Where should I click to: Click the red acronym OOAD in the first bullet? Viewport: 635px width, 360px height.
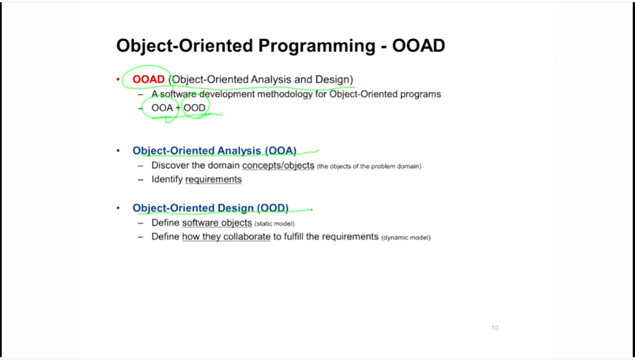(x=148, y=79)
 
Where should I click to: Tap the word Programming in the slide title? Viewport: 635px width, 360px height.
(x=317, y=46)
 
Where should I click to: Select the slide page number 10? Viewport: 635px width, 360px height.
(x=495, y=328)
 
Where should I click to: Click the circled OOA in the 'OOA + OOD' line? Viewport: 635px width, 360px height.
(x=162, y=108)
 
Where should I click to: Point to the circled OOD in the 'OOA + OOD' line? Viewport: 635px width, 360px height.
(x=194, y=108)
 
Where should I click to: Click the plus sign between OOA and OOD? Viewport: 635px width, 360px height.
(x=178, y=108)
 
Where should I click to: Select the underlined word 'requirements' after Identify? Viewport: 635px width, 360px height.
(x=214, y=179)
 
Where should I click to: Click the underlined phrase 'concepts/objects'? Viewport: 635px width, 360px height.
(x=278, y=166)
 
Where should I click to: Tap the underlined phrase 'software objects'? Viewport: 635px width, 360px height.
(x=217, y=223)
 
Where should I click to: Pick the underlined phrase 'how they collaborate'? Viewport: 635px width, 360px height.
(x=227, y=236)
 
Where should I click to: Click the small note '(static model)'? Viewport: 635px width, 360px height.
(x=274, y=224)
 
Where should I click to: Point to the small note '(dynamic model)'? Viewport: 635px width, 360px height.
(x=406, y=237)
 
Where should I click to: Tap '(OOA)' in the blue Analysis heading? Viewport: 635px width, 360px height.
(x=281, y=150)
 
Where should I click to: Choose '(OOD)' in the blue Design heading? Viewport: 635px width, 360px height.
(x=273, y=208)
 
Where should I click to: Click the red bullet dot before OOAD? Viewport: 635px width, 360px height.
(x=118, y=79)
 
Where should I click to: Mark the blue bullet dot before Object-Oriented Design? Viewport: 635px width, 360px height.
(x=118, y=208)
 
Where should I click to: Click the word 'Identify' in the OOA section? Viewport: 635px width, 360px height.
(x=167, y=179)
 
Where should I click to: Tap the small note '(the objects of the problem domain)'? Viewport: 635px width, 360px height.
(x=369, y=166)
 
